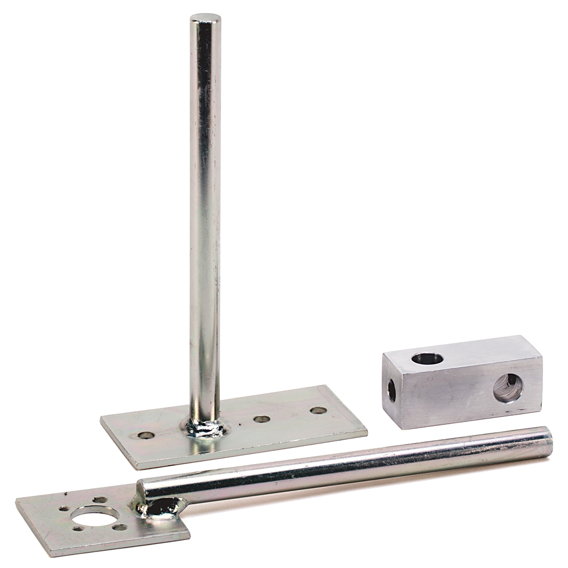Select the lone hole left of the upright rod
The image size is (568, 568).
pyautogui.click(x=146, y=436)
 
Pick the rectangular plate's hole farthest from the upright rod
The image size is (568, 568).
pyautogui.click(x=318, y=410)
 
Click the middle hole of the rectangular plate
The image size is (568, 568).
pyautogui.click(x=261, y=419)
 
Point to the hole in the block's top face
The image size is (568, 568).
pyautogui.click(x=427, y=358)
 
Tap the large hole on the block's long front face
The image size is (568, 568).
pyautogui.click(x=508, y=388)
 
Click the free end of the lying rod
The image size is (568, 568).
pyautogui.click(x=546, y=442)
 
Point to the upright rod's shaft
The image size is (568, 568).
pyautogui.click(x=205, y=216)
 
